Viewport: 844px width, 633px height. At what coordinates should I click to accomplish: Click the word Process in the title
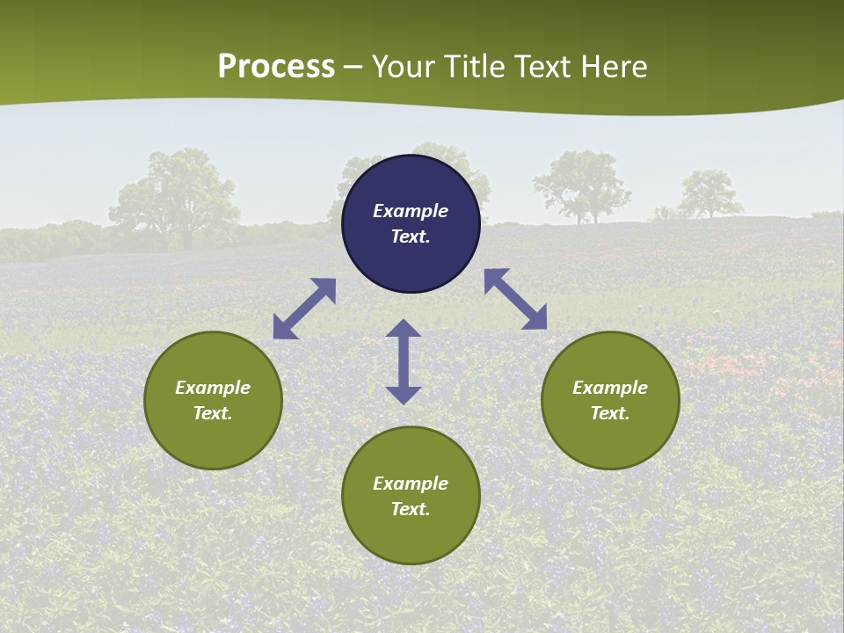pyautogui.click(x=276, y=67)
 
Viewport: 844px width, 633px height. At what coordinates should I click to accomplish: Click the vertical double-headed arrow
pyautogui.click(x=404, y=361)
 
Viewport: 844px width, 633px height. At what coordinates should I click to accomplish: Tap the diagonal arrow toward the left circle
pyautogui.click(x=304, y=309)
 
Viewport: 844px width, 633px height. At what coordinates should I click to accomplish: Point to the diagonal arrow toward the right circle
pyautogui.click(x=516, y=299)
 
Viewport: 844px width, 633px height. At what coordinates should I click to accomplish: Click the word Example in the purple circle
pyautogui.click(x=411, y=211)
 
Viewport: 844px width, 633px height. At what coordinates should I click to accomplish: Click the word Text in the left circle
pyautogui.click(x=213, y=413)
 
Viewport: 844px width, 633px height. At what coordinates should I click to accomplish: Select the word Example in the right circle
pyautogui.click(x=610, y=388)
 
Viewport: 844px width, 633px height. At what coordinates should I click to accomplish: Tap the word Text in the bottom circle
pyautogui.click(x=411, y=509)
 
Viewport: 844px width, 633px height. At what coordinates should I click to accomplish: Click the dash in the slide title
pyautogui.click(x=353, y=68)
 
